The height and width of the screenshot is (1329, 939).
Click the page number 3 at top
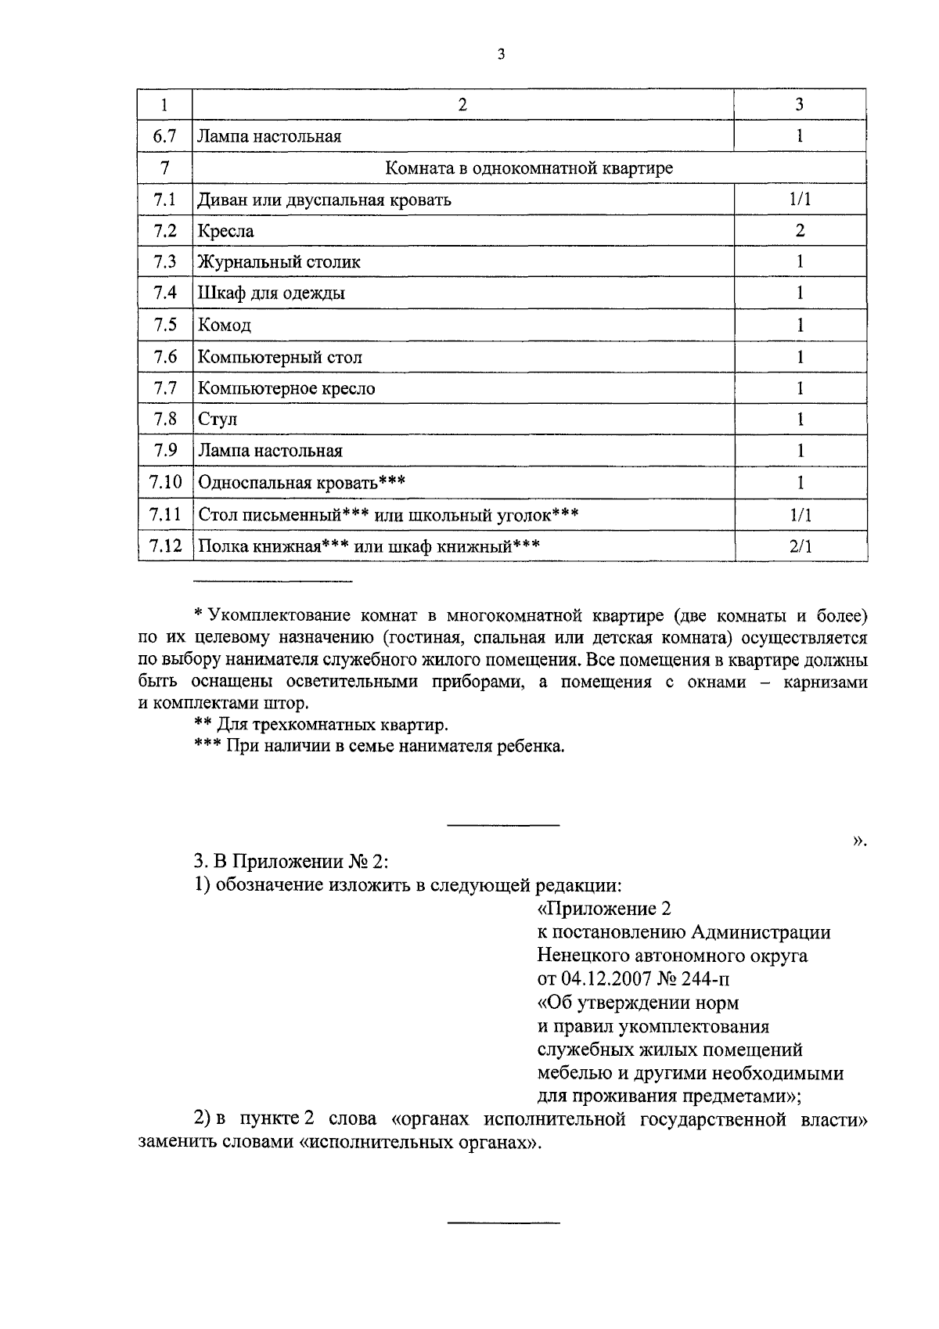[x=501, y=54]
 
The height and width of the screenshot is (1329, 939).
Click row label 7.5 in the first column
[x=165, y=325]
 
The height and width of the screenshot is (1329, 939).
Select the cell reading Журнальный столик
[x=279, y=262]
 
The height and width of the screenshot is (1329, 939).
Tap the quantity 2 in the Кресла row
[x=800, y=231]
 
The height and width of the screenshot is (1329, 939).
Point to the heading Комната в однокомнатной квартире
[x=529, y=168]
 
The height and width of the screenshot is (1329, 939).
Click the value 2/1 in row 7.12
[x=800, y=546]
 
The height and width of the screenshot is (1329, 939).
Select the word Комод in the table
[x=225, y=326]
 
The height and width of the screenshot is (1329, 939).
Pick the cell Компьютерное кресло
[x=286, y=388]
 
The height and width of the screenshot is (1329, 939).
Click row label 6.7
[x=165, y=136]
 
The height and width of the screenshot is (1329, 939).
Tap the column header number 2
[x=462, y=105]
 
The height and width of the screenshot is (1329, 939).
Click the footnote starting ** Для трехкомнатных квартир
[x=321, y=725]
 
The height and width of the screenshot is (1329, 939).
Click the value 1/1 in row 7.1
[x=800, y=200]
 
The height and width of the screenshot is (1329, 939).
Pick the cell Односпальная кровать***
[x=301, y=482]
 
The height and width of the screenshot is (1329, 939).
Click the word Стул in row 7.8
[x=218, y=420]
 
